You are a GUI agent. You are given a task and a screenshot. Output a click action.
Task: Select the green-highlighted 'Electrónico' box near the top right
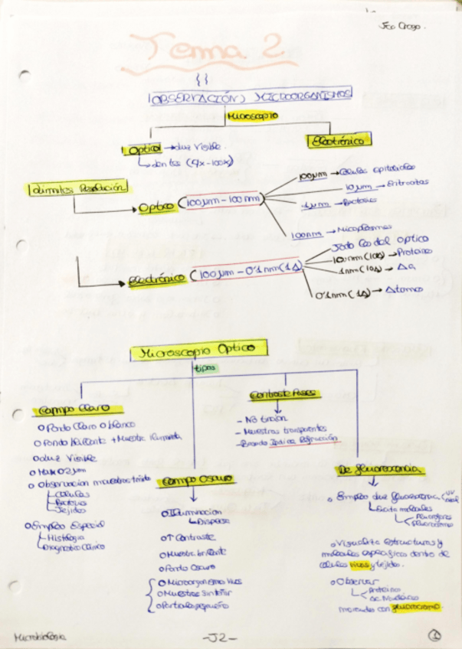click(x=339, y=141)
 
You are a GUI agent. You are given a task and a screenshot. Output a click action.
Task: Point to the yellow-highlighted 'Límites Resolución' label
click(x=77, y=188)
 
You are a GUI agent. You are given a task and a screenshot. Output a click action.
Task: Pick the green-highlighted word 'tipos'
click(x=205, y=368)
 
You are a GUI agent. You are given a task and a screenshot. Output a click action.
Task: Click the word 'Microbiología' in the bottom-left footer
click(x=40, y=635)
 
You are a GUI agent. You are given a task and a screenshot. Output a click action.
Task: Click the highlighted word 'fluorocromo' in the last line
click(x=417, y=607)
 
